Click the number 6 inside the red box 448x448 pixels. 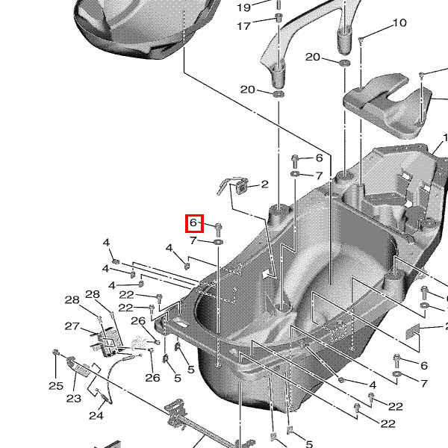point(193,223)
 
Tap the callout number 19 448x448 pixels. point(244,7)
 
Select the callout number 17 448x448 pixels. point(244,26)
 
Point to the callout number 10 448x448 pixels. point(399,23)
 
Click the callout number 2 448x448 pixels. point(264,184)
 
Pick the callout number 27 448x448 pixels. point(72,326)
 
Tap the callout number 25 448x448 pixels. point(56,385)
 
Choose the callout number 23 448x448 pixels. point(73,399)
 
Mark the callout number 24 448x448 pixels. point(96,415)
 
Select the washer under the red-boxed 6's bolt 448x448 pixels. point(217,243)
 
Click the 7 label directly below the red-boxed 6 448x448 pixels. point(193,240)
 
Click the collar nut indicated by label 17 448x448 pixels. point(279,17)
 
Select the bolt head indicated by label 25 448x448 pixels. point(56,352)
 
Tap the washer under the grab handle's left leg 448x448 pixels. point(278,93)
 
